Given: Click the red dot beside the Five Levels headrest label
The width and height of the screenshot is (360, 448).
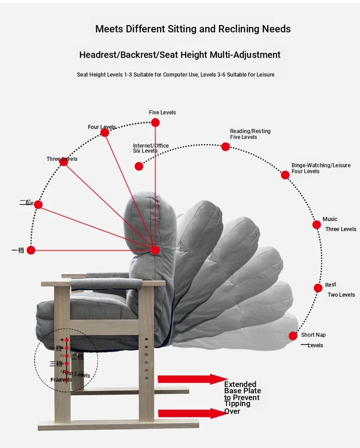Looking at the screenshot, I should pyautogui.click(x=155, y=122).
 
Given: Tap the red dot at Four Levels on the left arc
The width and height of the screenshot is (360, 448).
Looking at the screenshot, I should pyautogui.click(x=104, y=133).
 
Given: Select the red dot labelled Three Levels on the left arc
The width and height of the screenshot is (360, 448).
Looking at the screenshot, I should pyautogui.click(x=64, y=162).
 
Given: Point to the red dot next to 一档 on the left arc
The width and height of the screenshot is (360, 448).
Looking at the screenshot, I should pyautogui.click(x=31, y=250).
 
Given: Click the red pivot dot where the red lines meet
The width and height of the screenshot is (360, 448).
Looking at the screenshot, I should pyautogui.click(x=155, y=250).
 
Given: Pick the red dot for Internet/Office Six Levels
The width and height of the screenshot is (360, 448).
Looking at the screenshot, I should pyautogui.click(x=139, y=166).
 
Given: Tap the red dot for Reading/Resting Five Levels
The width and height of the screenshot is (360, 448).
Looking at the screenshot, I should pyautogui.click(x=226, y=147).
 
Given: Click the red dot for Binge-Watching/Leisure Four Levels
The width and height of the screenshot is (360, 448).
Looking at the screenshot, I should pyautogui.click(x=285, y=175).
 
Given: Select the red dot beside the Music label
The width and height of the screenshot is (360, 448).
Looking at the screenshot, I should pyautogui.click(x=317, y=225).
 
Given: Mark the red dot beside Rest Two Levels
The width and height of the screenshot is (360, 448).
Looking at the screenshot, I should pyautogui.click(x=318, y=288).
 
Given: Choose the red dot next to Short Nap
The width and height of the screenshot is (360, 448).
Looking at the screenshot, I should pyautogui.click(x=293, y=336).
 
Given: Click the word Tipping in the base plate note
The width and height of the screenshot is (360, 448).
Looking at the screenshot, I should pyautogui.click(x=237, y=404).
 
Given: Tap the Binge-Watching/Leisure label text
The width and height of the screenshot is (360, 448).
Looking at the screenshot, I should pyautogui.click(x=321, y=165).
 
